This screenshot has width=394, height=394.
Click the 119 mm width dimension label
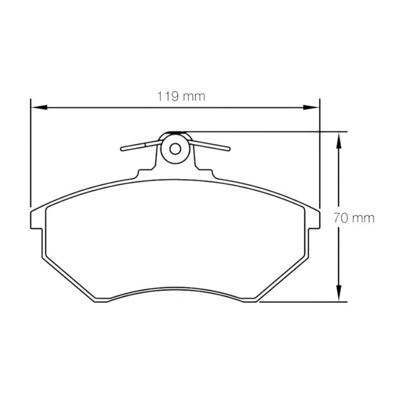(180, 96)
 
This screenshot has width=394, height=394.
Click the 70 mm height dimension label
(354, 218)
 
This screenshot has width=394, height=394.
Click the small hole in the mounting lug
(175, 149)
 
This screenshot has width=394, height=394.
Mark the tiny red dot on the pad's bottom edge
(191, 288)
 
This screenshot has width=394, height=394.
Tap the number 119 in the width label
(167, 96)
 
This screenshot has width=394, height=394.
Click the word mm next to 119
(194, 96)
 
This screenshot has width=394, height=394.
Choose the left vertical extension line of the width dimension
(30, 154)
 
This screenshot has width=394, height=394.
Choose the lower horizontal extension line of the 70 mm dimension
(304, 302)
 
